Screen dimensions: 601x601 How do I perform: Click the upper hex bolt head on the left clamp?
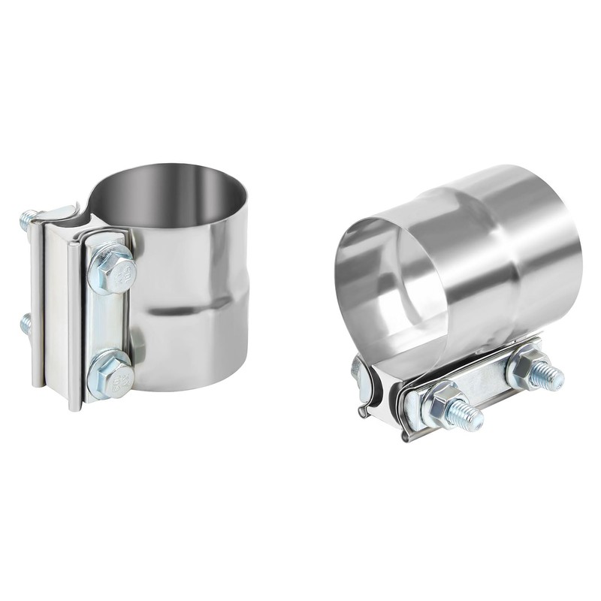pos(113,269)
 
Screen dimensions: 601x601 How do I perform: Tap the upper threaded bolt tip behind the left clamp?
pos(27,219)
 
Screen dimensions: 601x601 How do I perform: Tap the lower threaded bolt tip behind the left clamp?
pos(26,324)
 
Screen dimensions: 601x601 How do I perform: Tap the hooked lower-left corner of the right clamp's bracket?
pos(364,410)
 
